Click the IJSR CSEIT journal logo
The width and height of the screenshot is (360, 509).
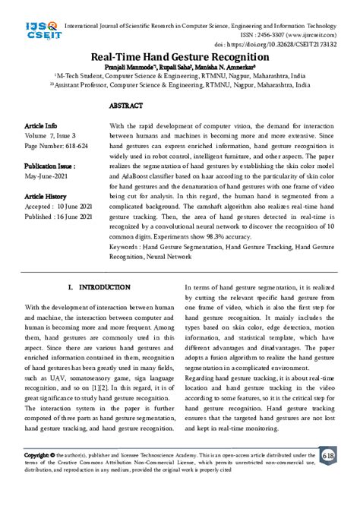[x=29, y=32]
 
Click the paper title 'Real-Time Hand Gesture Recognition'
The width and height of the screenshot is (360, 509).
[x=179, y=57]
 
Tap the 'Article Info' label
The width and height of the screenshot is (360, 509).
[x=40, y=125]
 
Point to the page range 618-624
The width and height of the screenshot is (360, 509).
[x=69, y=143]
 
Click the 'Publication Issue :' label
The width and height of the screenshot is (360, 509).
[x=49, y=164]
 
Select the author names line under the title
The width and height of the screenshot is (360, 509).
[x=179, y=68]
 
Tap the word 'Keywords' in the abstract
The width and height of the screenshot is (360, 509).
[x=125, y=246]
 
